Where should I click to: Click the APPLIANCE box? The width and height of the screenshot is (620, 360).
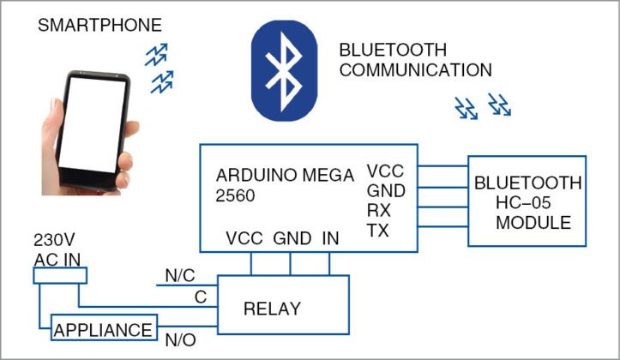pos(104,328)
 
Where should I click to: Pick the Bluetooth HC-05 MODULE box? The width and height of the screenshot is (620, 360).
pos(527,201)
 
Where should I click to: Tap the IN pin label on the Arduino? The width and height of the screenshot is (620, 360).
pos(330,237)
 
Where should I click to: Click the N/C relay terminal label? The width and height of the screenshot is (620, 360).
pos(179,276)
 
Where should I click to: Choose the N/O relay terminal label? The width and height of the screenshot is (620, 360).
pos(181,340)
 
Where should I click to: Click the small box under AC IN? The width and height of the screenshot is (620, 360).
pos(60,275)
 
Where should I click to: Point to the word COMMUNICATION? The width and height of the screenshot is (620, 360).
pos(415,69)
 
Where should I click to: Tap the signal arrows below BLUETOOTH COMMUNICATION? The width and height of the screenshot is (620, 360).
pos(482,106)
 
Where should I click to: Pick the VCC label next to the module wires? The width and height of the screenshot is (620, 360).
pos(385,171)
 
